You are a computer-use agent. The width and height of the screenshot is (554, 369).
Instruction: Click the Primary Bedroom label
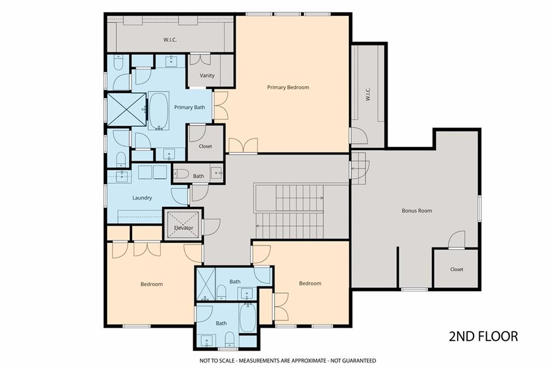click(288, 87)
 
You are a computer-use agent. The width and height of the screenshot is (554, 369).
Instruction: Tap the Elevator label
click(184, 228)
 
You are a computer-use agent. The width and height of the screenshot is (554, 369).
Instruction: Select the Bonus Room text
click(417, 210)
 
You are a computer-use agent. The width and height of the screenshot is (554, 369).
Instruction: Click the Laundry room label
click(142, 198)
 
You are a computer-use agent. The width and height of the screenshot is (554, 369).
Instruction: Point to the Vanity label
click(207, 75)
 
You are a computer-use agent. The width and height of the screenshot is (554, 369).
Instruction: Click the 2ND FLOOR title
click(483, 336)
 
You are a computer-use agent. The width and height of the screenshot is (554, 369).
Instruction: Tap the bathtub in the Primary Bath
click(159, 111)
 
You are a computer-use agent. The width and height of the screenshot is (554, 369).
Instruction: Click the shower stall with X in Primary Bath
click(127, 109)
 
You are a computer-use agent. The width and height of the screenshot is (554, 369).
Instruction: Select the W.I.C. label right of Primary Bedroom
click(368, 94)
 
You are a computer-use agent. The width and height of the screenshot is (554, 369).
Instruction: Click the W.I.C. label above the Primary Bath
click(170, 40)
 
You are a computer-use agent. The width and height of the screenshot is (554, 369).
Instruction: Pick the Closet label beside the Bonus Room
click(457, 269)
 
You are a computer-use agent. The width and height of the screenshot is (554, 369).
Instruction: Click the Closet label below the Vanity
click(205, 146)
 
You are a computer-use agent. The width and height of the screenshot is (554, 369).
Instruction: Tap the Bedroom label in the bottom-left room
click(151, 284)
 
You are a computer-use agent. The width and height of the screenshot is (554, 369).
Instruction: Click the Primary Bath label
click(189, 107)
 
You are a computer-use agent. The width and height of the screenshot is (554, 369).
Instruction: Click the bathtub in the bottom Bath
click(248, 318)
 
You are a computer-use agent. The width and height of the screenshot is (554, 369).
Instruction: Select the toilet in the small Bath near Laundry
click(181, 174)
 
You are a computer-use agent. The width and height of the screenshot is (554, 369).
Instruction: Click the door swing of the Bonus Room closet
click(457, 240)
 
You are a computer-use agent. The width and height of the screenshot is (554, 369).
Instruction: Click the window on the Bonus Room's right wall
click(480, 209)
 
